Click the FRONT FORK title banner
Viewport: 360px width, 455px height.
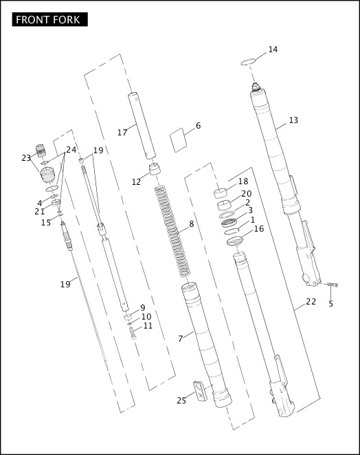50,19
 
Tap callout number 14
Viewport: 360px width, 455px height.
273,49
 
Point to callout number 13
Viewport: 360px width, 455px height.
293,120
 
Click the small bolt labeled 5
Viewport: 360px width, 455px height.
331,285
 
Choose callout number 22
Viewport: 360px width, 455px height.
311,302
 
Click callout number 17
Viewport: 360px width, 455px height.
122,132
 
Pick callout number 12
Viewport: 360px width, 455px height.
136,182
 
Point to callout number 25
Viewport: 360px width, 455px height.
181,401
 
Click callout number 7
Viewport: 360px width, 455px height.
181,338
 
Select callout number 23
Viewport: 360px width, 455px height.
27,158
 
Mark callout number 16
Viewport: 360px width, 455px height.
259,229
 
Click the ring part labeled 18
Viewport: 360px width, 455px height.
222,192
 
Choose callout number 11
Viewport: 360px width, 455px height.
148,326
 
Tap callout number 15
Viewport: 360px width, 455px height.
45,223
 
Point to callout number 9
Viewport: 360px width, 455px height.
142,308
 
